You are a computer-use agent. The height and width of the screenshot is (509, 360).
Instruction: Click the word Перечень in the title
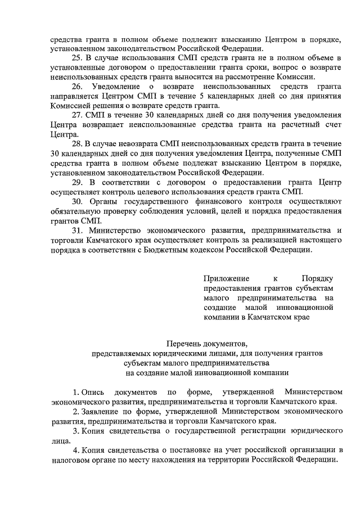(184, 344)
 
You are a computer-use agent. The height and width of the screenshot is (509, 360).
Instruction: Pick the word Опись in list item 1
(93, 391)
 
